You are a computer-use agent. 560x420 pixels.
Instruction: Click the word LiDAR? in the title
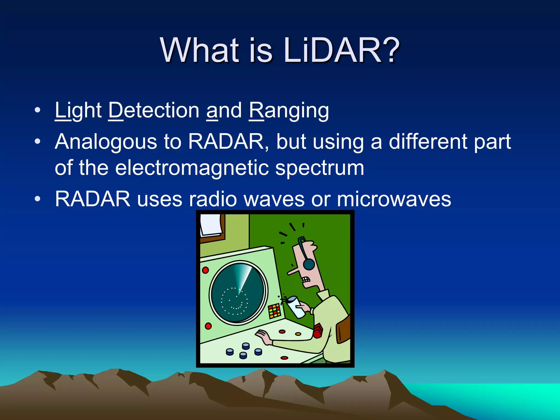(342, 51)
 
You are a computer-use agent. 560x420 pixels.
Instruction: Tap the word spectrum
(320, 168)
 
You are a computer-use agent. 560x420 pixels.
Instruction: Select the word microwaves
(394, 199)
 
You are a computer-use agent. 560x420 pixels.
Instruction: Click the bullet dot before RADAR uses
(37, 199)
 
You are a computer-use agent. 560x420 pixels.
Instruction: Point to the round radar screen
(238, 293)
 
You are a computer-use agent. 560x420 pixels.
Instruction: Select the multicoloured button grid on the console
(275, 311)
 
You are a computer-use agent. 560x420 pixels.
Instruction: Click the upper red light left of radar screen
(205, 270)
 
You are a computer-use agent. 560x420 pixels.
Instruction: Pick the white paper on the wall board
(211, 224)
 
